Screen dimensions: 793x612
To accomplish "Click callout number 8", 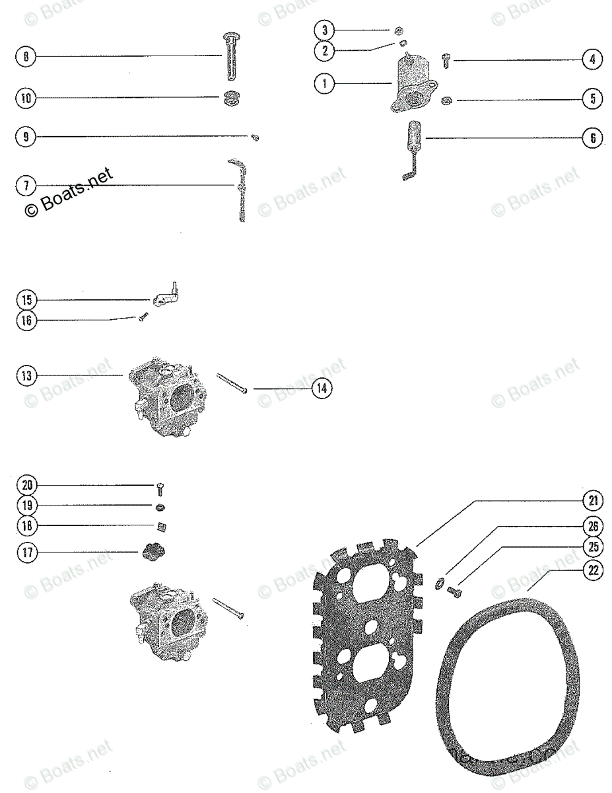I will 25,57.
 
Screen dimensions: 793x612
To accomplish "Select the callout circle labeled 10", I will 25,99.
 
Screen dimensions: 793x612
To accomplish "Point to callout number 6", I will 592,138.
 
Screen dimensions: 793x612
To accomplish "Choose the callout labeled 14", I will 321,388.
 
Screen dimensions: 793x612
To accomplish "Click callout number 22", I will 592,570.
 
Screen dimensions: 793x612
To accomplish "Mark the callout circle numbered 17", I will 26,552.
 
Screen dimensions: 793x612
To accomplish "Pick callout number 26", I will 592,527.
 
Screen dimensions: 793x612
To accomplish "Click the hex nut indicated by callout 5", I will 446,100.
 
